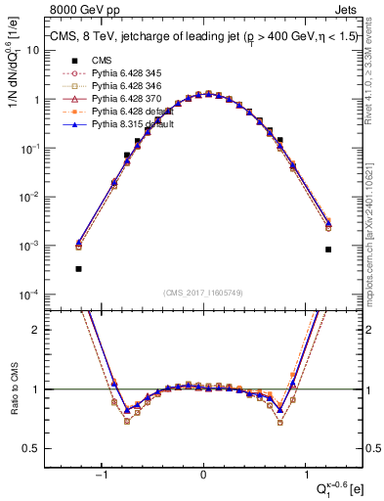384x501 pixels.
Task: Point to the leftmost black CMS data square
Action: click(x=78, y=268)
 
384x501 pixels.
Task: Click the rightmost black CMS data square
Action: click(x=328, y=250)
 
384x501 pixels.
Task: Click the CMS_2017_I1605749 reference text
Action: click(x=203, y=293)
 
